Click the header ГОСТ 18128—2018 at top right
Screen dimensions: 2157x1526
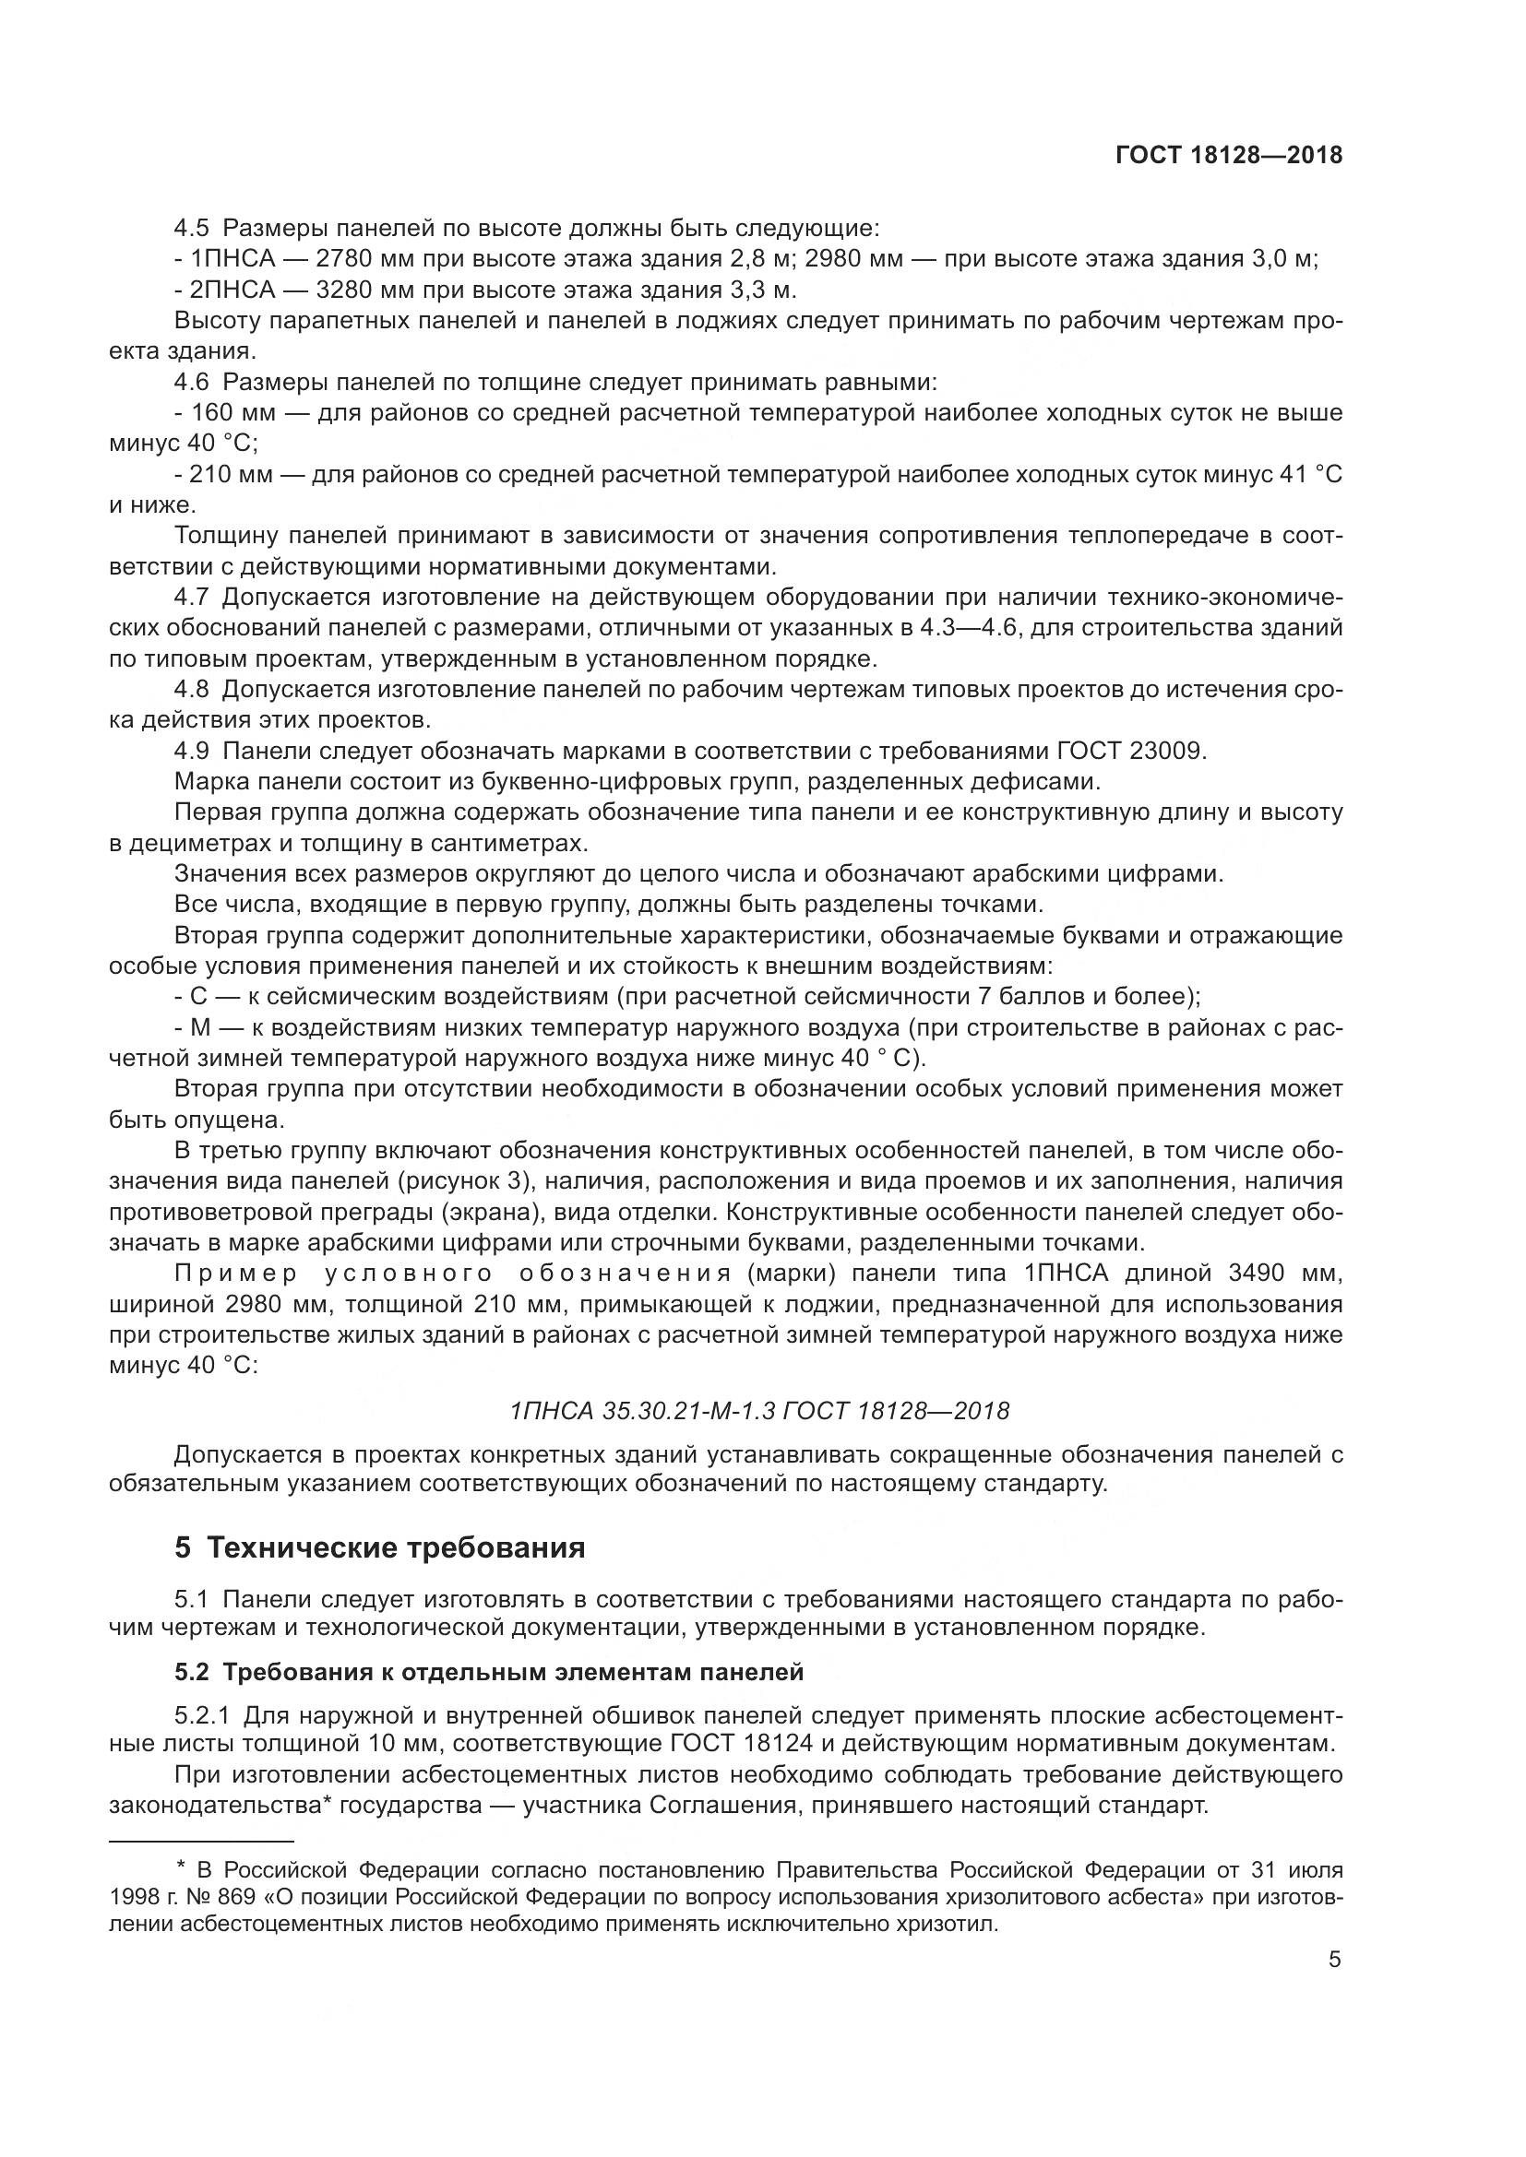(x=1228, y=156)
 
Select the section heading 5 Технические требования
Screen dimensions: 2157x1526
(x=379, y=1547)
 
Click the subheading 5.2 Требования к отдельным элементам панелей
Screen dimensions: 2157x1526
(x=489, y=1672)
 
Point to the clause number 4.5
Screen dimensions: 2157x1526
(x=192, y=229)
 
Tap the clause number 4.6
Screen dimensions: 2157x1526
(x=192, y=383)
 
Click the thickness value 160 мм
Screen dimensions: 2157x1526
(x=232, y=413)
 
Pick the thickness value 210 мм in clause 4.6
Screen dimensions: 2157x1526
(x=232, y=475)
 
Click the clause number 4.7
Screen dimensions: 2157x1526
(x=192, y=599)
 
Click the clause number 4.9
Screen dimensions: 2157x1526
(x=192, y=753)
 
